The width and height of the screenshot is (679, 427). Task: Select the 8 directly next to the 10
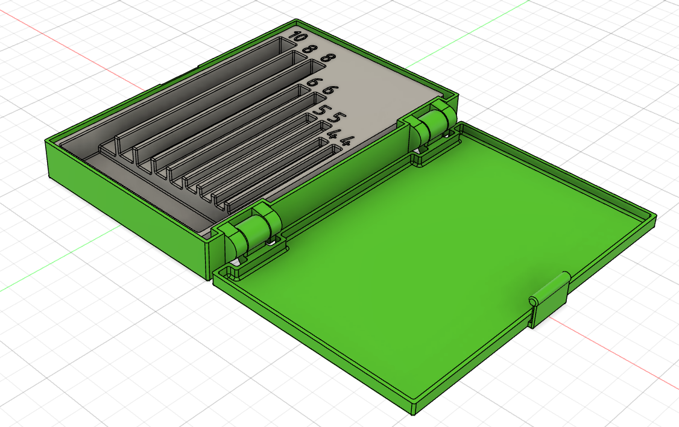pyautogui.click(x=311, y=49)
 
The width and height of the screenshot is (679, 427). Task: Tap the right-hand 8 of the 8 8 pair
pyautogui.click(x=327, y=58)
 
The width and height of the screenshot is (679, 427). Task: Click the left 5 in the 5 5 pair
pyautogui.click(x=319, y=110)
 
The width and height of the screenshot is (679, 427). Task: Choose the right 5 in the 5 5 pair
pyautogui.click(x=336, y=117)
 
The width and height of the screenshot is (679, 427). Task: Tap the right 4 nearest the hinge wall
pyautogui.click(x=346, y=142)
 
